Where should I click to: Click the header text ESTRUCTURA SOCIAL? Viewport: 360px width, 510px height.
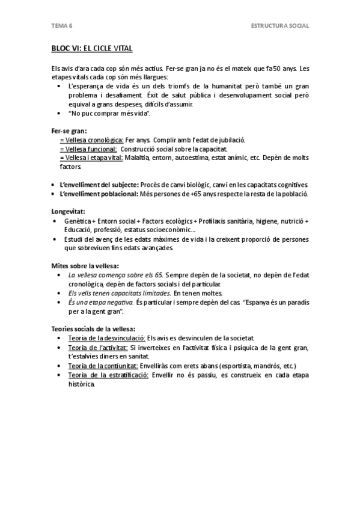click(280, 26)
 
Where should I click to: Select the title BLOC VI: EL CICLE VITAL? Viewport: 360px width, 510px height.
click(92, 47)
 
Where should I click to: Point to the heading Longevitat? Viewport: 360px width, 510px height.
click(68, 212)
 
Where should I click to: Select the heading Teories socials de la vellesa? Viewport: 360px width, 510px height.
click(93, 328)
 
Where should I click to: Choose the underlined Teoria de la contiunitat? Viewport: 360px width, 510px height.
click(103, 366)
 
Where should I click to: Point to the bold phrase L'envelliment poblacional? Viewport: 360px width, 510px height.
click(99, 194)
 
